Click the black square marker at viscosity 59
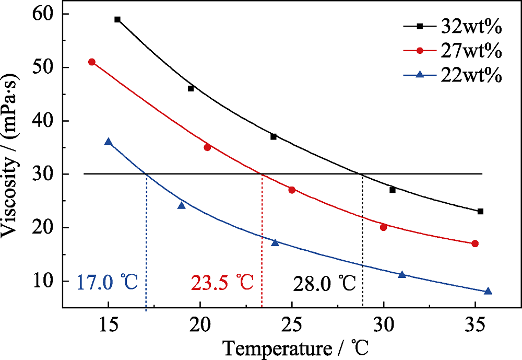[117, 19]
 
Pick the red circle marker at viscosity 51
[92, 62]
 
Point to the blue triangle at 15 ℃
[108, 142]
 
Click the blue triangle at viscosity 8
[488, 291]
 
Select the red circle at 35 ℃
[475, 243]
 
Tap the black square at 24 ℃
[274, 136]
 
